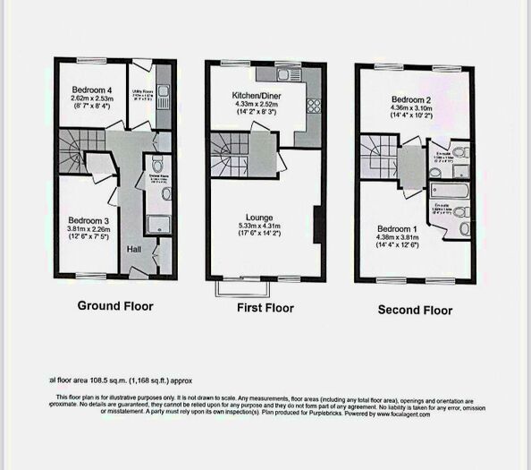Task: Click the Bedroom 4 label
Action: (92, 90)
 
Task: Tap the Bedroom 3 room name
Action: (87, 219)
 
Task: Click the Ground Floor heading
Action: (115, 306)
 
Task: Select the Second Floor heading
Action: (415, 310)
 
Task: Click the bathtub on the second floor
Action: (448, 191)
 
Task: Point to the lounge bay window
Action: (240, 288)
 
